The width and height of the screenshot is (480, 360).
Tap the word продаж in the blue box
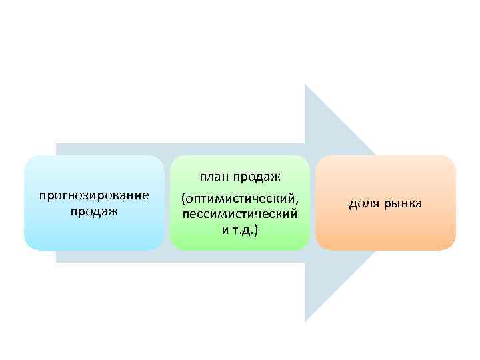coord(93,211)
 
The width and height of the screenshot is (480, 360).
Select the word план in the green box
coord(213,177)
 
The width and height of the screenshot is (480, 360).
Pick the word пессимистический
coord(239,214)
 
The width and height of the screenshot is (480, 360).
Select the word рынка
coord(403,203)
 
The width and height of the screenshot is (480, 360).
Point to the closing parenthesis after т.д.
coord(257,229)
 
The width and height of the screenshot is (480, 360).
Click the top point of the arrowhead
coord(305,85)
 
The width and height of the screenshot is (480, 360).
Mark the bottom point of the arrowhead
coord(305,321)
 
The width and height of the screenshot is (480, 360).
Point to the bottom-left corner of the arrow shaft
coord(57,261)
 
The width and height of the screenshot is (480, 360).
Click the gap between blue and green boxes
coord(167,203)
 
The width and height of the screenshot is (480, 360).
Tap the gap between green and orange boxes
coord(313,203)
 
